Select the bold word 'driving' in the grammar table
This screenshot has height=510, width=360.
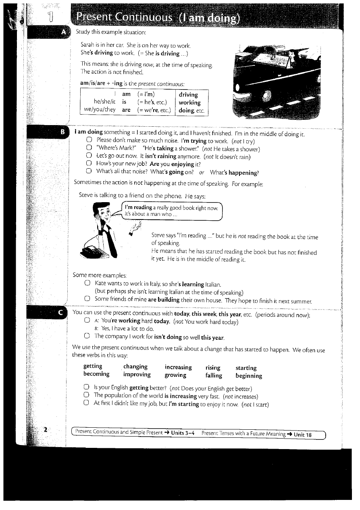tap(188, 95)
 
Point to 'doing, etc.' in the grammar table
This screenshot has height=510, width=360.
tap(191, 110)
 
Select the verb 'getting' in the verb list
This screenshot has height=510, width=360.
tap(93, 366)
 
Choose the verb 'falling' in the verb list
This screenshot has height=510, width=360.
tap(214, 376)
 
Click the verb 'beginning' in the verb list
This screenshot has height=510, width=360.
tap(249, 376)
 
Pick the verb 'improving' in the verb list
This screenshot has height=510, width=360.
tap(137, 374)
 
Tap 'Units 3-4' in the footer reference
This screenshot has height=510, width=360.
tap(183, 433)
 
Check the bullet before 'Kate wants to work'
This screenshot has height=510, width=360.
tap(87, 284)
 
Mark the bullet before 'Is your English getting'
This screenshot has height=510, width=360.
tap(86, 388)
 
